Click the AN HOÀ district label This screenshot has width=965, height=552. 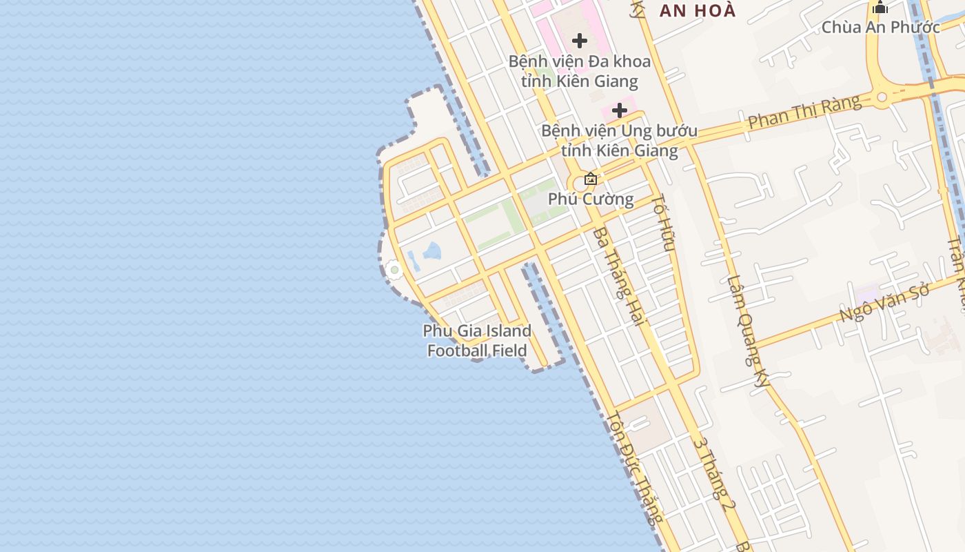click(x=698, y=10)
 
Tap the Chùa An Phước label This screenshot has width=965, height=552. click(x=880, y=28)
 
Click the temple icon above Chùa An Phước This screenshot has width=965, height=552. click(x=880, y=8)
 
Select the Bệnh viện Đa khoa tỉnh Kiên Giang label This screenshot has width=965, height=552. click(x=579, y=71)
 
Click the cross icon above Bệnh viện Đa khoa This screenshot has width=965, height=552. click(x=580, y=41)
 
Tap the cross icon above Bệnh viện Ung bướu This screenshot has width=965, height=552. click(x=620, y=110)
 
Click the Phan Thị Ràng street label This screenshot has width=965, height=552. click(x=804, y=112)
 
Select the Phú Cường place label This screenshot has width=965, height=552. click(x=591, y=199)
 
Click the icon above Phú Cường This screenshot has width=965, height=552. click(x=591, y=179)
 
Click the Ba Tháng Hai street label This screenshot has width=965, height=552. click(x=618, y=276)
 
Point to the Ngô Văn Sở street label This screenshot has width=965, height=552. click(x=886, y=302)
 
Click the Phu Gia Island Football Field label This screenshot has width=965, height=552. click(x=477, y=341)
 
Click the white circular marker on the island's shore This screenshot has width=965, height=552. click(x=394, y=270)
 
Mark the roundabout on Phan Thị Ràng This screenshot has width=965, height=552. click(x=882, y=96)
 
